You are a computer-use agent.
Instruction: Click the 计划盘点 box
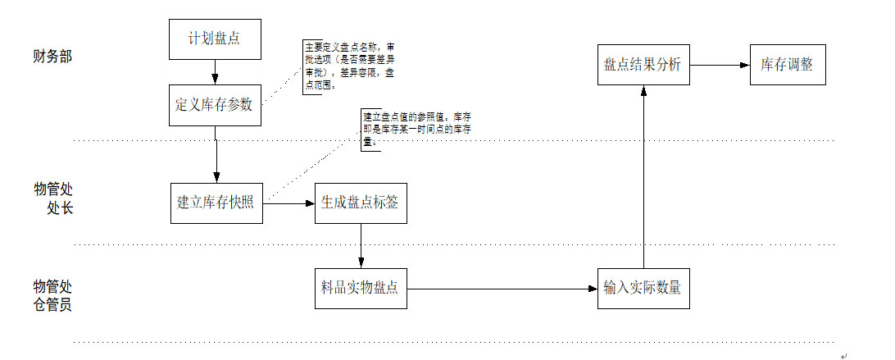216,39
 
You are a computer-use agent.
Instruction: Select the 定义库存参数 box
216,105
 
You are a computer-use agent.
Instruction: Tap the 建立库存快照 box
217,203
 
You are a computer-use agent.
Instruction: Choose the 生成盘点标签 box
361,203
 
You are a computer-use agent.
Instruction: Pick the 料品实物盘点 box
361,289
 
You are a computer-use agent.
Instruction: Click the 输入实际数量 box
643,289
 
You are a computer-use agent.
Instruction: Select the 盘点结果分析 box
643,65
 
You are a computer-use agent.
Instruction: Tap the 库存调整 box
787,65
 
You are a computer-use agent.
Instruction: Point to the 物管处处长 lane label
53,199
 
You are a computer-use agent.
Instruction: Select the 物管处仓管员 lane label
52,295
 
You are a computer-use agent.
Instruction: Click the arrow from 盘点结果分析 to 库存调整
720,65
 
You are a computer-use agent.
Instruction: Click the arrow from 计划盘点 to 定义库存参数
216,72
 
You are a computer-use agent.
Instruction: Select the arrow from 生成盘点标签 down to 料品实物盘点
361,245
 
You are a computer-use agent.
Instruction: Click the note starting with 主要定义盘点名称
348,66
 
